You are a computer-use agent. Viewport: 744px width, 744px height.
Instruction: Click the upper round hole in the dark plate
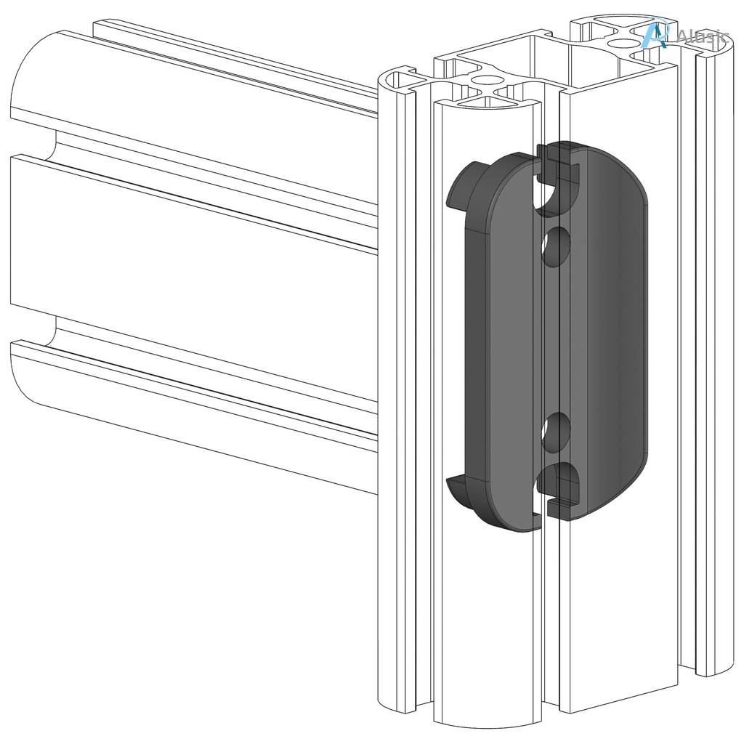556,247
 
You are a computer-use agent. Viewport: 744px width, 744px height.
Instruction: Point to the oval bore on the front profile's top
488,80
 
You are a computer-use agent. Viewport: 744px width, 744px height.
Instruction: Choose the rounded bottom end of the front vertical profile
487,719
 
